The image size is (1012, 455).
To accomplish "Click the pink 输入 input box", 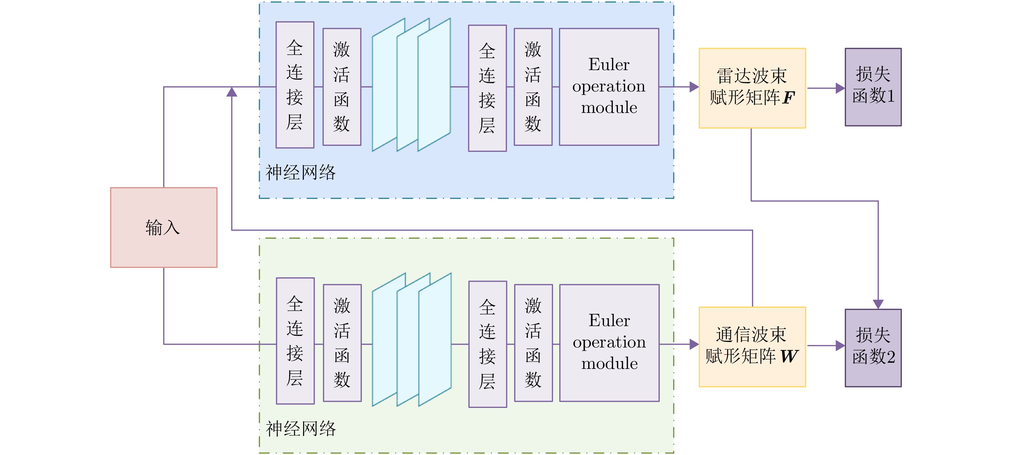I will (163, 227).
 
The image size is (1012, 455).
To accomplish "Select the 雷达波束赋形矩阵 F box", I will (752, 88).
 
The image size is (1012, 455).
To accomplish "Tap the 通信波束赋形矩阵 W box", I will (752, 346).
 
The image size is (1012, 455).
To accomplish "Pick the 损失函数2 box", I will (873, 347).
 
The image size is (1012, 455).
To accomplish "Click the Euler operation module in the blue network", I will (609, 86).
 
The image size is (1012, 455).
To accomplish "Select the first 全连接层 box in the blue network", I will (295, 85).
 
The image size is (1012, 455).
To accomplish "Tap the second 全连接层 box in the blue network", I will (487, 88).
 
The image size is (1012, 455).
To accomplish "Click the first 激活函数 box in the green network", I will (342, 343).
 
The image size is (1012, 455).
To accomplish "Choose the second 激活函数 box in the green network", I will (533, 343).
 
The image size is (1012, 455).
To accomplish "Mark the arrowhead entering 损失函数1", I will (840, 88).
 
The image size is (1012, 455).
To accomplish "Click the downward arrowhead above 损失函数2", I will (878, 304).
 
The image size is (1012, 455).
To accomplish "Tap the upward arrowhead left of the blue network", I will (232, 92).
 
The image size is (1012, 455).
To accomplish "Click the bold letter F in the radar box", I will (788, 98).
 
